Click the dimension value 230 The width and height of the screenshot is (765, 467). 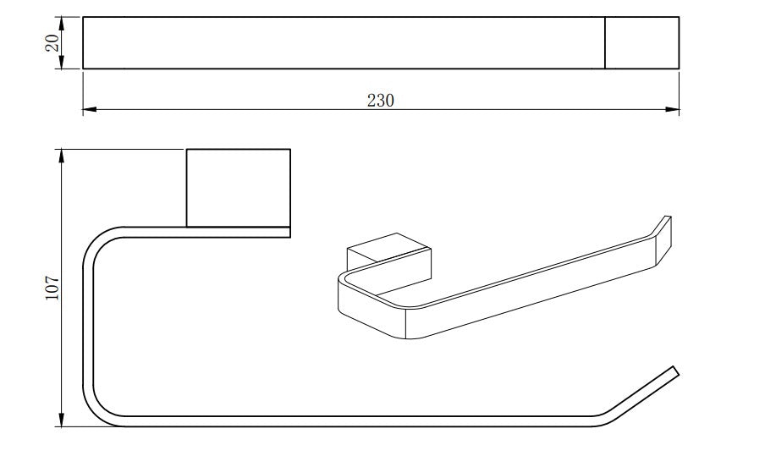coord(381,100)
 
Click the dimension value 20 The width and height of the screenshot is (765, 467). coord(52,43)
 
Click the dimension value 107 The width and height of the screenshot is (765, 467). coord(52,288)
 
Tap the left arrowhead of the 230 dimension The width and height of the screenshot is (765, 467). coord(89,109)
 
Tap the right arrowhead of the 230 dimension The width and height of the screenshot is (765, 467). coord(673,109)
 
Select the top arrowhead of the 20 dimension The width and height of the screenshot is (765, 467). coord(62,23)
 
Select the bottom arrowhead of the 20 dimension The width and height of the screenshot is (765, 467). coord(62,63)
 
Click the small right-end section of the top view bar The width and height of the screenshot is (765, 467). coord(642,43)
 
